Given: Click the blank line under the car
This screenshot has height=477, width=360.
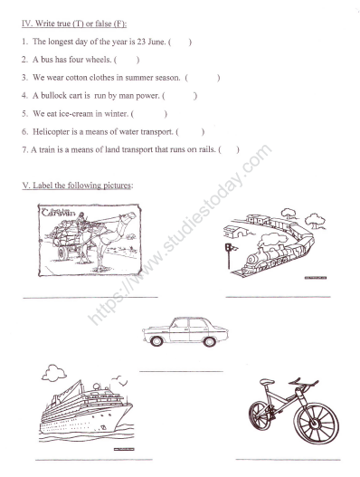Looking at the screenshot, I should click(181, 370).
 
